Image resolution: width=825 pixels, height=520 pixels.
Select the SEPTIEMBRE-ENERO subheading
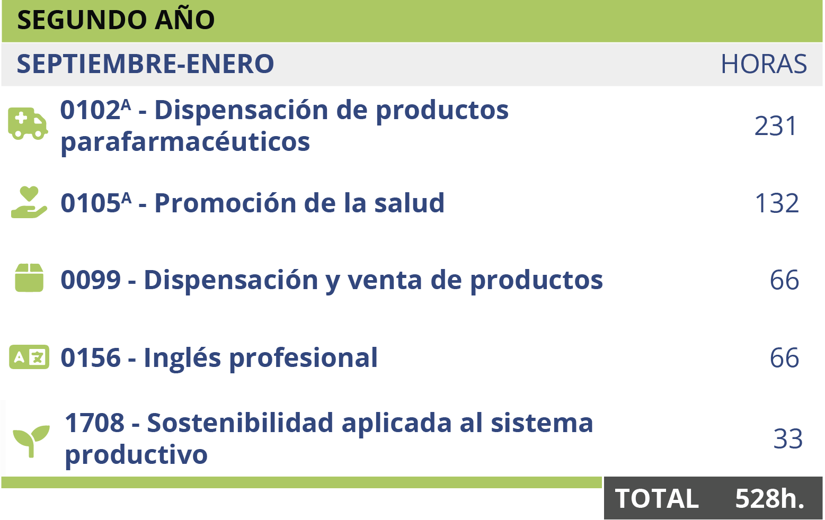coord(146,64)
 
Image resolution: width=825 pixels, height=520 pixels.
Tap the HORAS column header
coord(764,64)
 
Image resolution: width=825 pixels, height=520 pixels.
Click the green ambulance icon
coord(28,124)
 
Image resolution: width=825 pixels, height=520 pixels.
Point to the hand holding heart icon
coord(29,202)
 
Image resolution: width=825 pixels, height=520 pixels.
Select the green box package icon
coord(29,278)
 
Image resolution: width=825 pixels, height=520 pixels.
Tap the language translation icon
coord(29,357)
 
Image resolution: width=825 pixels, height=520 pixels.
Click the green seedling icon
coord(31,441)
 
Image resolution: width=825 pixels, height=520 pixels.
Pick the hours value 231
coord(776,126)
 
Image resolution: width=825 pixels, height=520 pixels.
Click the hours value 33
coord(788,438)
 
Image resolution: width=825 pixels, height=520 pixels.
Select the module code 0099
coord(91,280)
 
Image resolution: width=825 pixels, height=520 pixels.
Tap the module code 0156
coord(91,357)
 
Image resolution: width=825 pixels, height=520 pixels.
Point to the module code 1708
coord(95,423)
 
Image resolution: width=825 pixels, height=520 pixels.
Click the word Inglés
coord(182,358)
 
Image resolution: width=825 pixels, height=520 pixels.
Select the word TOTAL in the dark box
coord(657,499)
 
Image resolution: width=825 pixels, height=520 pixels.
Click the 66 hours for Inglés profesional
coord(785,358)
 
